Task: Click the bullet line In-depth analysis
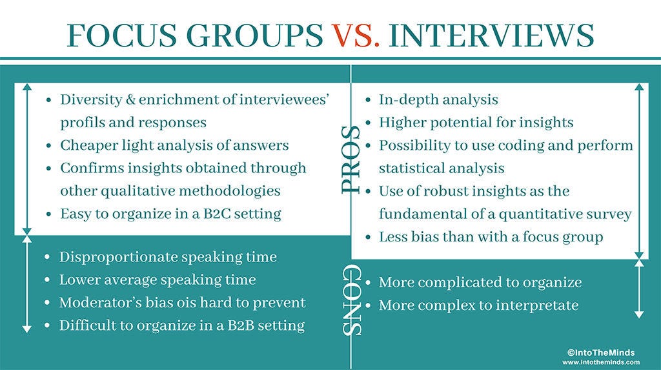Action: point(438,100)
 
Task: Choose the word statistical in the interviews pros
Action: point(411,169)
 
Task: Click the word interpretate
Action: point(535,305)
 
